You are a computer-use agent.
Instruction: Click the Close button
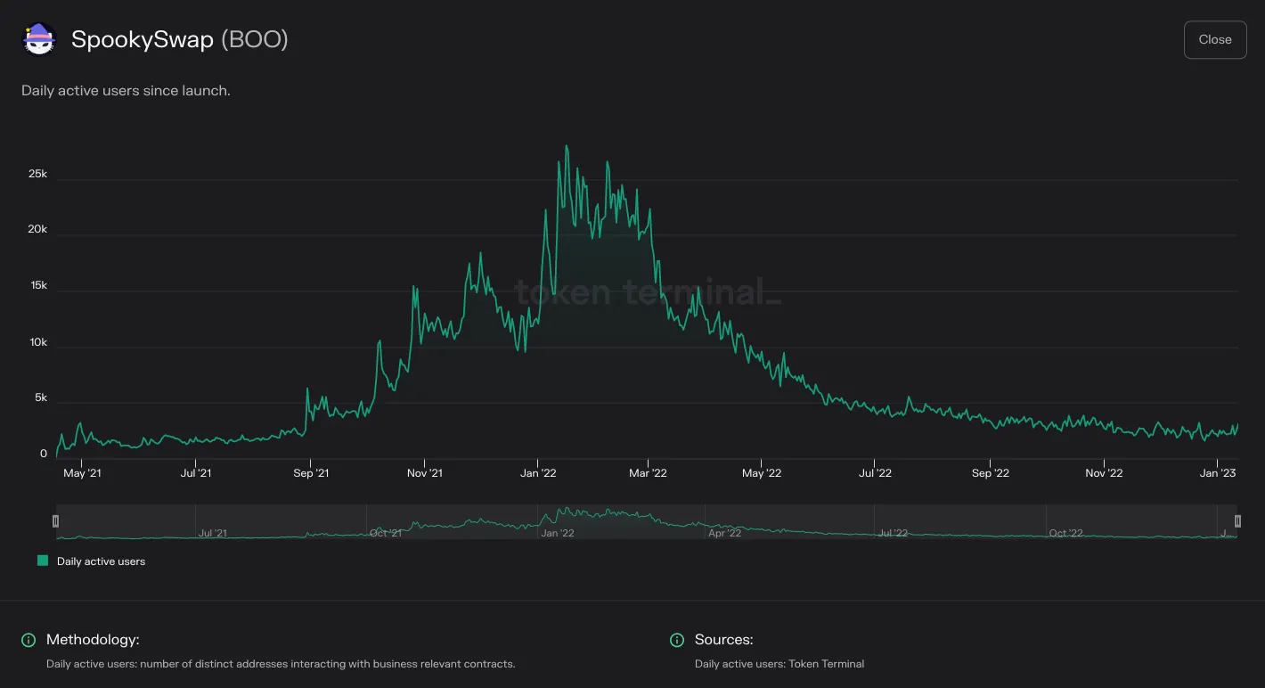(x=1215, y=39)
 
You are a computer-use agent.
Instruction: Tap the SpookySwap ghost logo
(x=39, y=39)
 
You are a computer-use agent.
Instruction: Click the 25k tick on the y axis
(x=37, y=174)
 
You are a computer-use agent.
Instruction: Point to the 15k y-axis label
(x=39, y=285)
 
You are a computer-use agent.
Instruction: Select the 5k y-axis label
(x=41, y=397)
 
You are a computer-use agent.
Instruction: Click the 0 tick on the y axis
(x=44, y=454)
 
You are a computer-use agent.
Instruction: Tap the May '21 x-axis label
(x=83, y=473)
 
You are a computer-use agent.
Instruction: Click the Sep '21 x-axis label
(x=311, y=473)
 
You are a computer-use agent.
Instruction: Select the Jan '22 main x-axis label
(x=538, y=473)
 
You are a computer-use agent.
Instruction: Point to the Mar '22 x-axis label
(x=649, y=473)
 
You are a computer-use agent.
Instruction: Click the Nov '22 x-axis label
(x=1104, y=473)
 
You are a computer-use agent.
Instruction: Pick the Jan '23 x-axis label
(x=1218, y=473)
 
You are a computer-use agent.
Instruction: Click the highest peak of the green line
(x=567, y=146)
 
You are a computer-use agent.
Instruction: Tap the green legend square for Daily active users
(x=43, y=561)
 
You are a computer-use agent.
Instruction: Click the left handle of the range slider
(x=55, y=520)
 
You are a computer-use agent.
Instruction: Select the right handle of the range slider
(x=1237, y=520)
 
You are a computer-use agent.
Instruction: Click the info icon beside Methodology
(x=29, y=640)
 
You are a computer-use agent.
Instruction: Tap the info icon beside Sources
(x=676, y=640)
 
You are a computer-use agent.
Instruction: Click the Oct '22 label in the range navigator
(x=1065, y=533)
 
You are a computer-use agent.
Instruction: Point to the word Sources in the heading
(x=722, y=639)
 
